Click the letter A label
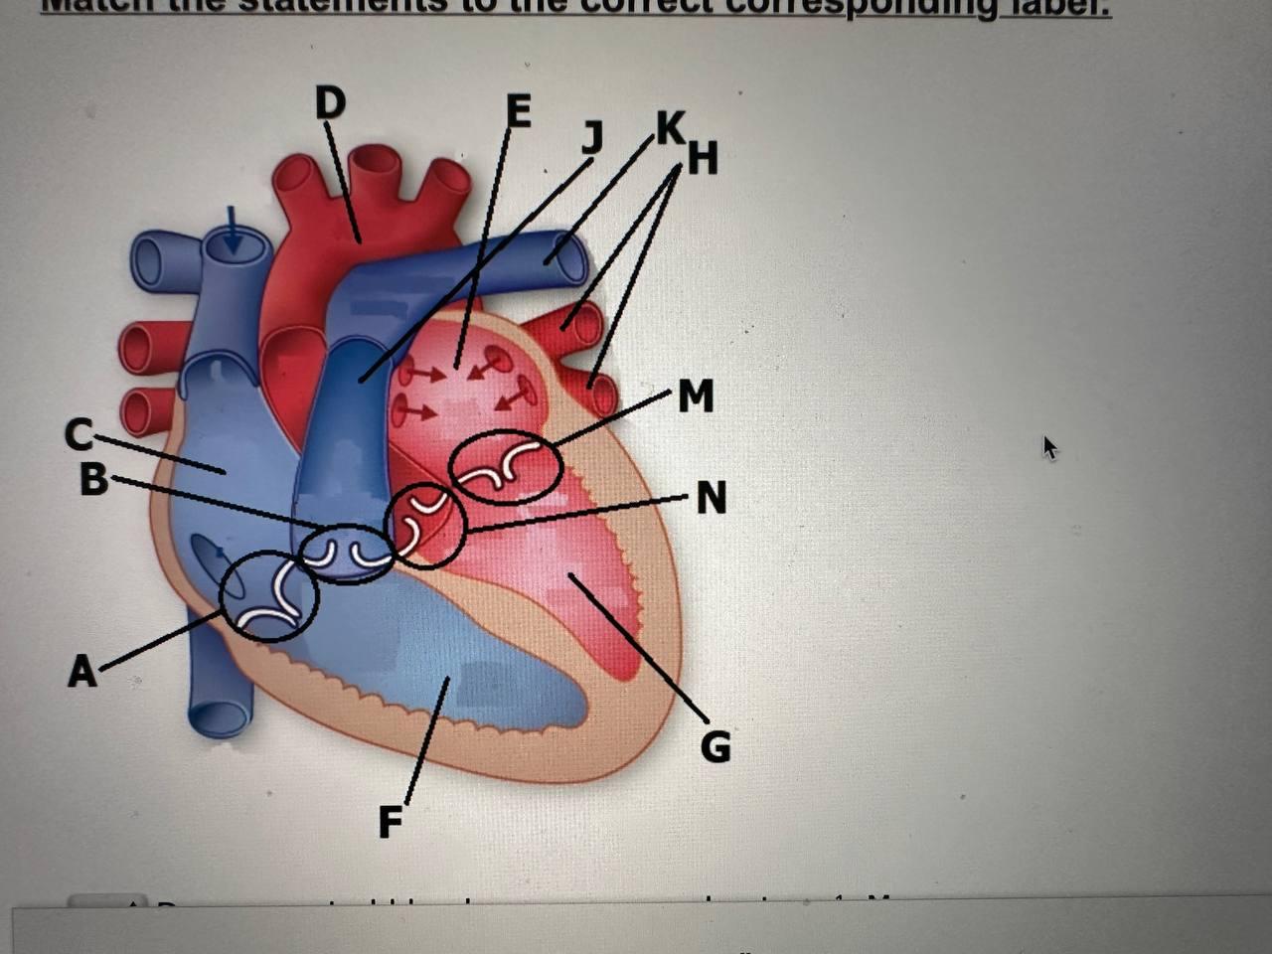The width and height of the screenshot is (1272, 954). click(82, 671)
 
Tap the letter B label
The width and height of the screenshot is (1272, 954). click(93, 479)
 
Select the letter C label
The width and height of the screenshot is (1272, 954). click(79, 434)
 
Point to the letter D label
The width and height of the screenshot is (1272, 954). click(330, 103)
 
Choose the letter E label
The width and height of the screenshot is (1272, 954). click(518, 111)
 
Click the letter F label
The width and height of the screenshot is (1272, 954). click(391, 822)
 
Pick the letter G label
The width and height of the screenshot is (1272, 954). click(715, 745)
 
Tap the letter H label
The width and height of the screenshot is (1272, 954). click(702, 157)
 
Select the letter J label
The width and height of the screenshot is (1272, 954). click(592, 137)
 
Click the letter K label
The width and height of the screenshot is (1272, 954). click(670, 128)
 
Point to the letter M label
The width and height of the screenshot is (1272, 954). click(696, 397)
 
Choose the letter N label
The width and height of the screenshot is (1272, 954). click(711, 497)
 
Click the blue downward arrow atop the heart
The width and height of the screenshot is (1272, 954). click(232, 231)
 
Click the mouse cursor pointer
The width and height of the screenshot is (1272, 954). click(1049, 448)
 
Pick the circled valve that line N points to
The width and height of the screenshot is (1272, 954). click(425, 526)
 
